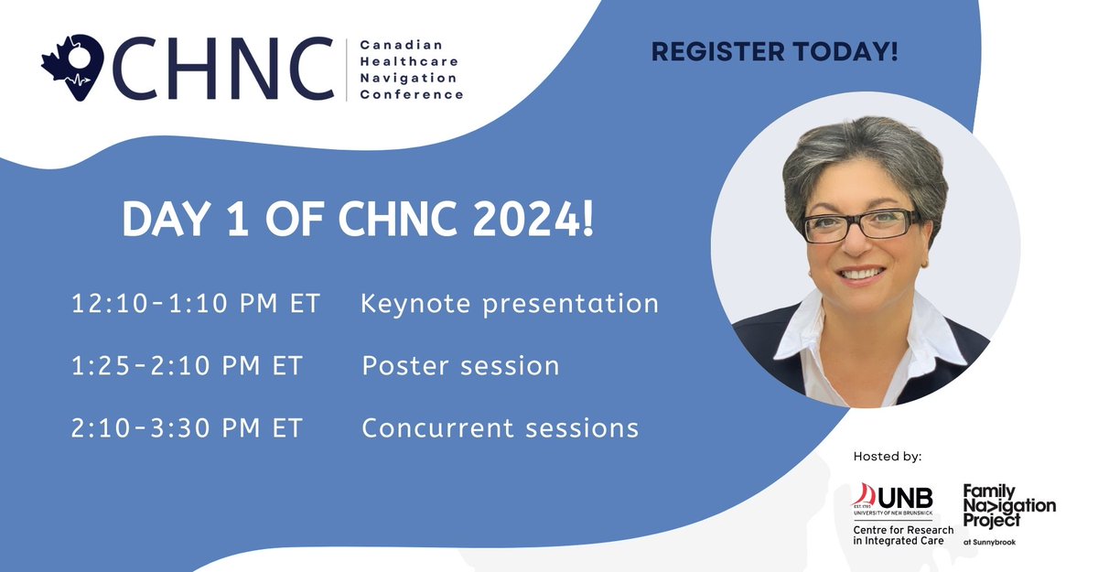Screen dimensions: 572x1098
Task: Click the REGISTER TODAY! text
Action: click(x=774, y=53)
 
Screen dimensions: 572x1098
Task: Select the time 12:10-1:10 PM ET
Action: click(x=195, y=304)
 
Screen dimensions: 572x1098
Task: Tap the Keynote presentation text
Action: click(x=510, y=304)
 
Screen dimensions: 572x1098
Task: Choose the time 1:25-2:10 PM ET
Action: click(x=186, y=366)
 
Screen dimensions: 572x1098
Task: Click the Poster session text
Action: click(x=460, y=366)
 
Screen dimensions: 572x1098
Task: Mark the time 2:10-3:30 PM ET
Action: click(x=186, y=427)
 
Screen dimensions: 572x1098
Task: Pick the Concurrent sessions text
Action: click(x=500, y=427)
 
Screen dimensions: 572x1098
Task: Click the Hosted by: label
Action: click(x=887, y=456)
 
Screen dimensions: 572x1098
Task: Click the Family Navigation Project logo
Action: click(x=1008, y=507)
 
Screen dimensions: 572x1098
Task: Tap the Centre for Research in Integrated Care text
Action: click(x=902, y=536)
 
